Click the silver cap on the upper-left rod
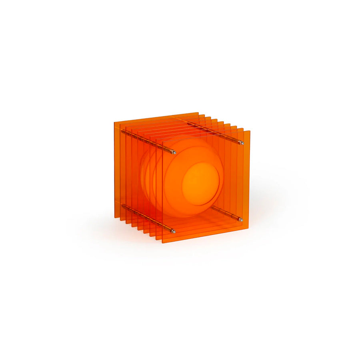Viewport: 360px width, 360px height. point(174,152)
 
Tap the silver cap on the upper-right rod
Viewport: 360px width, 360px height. point(242,143)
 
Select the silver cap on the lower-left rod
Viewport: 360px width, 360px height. point(173,231)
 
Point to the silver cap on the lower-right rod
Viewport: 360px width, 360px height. point(241,219)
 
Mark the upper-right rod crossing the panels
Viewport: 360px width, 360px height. point(212,130)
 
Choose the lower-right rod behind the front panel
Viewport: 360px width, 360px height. point(226,213)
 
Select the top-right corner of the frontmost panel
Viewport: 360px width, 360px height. point(250,131)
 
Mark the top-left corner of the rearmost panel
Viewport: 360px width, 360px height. point(114,122)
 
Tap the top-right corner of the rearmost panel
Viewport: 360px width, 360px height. point(198,113)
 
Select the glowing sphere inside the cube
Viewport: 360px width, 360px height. point(188,176)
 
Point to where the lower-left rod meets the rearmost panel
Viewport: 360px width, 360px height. point(122,206)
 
